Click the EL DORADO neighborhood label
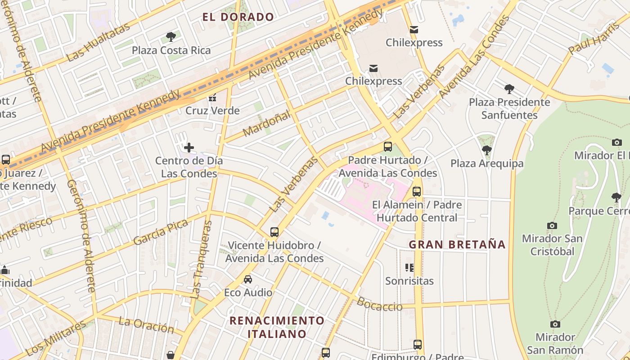pyautogui.click(x=238, y=18)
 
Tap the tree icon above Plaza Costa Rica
pyautogui.click(x=171, y=36)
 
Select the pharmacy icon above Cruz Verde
pyautogui.click(x=212, y=97)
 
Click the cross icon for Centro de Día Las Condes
pyautogui.click(x=189, y=147)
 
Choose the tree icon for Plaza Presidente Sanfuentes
pyautogui.click(x=509, y=89)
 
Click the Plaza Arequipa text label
pyautogui.click(x=487, y=163)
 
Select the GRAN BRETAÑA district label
pyautogui.click(x=457, y=245)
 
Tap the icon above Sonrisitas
pyautogui.click(x=409, y=268)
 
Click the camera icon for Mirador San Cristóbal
pyautogui.click(x=552, y=225)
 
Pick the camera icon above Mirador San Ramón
pyautogui.click(x=555, y=324)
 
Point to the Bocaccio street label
pyautogui.click(x=380, y=305)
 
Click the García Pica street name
pyautogui.click(x=160, y=232)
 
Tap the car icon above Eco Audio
pyautogui.click(x=248, y=279)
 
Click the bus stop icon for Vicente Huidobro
pyautogui.click(x=274, y=232)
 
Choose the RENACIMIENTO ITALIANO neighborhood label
pyautogui.click(x=277, y=327)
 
